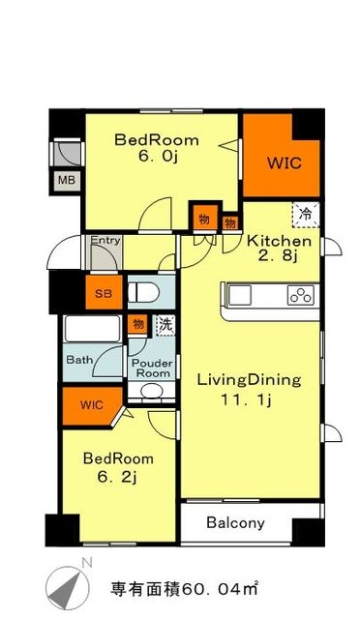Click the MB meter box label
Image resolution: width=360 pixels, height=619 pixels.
67,181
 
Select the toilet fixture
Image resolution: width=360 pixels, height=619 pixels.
143,293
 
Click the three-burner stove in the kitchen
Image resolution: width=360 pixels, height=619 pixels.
301,294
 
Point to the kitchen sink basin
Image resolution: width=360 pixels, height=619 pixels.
240,295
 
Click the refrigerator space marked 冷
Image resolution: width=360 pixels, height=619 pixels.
306,215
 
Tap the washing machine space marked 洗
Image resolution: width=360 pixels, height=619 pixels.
165,325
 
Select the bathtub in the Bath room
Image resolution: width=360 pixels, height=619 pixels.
93,329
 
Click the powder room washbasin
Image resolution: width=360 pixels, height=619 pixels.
152,391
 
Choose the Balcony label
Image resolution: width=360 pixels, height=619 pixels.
235,522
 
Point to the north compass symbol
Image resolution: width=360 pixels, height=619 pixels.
67,583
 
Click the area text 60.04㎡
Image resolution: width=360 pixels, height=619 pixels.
220,589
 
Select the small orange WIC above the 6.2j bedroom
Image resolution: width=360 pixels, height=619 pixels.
92,406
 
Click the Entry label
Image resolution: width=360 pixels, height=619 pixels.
105,240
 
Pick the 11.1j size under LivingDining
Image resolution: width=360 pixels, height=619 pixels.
246,399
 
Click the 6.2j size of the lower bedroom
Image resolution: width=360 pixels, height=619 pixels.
117,478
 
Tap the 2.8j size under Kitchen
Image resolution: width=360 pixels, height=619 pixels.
278,256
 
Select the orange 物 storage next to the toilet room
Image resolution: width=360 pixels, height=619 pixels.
137,325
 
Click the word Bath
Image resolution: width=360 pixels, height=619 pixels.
79,360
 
